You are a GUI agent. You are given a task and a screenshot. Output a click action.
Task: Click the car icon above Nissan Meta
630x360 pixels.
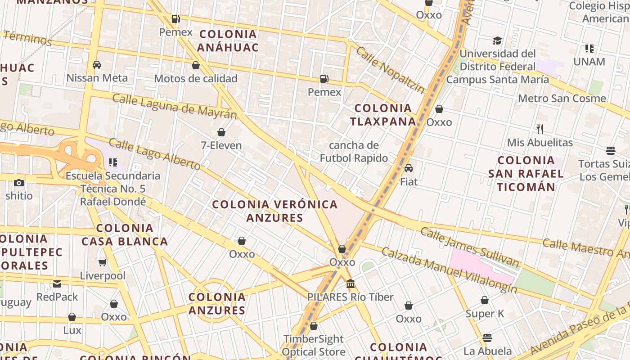coord(97,65)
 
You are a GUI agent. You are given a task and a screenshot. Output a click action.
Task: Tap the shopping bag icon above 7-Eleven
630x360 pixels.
coord(221,132)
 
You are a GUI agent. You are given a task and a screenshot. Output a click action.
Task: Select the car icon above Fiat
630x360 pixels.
coord(409,169)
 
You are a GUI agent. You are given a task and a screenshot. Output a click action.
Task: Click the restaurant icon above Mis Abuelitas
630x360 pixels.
coord(540,129)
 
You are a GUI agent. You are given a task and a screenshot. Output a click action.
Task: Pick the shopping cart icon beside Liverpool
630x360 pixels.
coord(103,262)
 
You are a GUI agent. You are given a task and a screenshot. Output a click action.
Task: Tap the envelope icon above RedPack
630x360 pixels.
coord(57,283)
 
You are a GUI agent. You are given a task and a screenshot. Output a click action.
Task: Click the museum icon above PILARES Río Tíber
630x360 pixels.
coord(351,284)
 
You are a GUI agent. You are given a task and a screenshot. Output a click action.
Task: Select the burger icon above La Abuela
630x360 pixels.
coord(487,337)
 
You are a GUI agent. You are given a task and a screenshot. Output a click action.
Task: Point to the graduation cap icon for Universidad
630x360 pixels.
coord(497,41)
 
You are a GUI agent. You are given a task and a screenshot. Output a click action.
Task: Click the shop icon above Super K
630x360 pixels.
coord(485,300)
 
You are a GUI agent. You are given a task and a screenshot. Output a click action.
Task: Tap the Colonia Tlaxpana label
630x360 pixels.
coord(383,115)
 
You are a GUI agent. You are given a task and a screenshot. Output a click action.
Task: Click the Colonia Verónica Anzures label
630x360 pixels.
coord(274,211)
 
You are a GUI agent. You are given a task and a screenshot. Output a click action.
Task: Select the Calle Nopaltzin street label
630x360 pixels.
coord(390,69)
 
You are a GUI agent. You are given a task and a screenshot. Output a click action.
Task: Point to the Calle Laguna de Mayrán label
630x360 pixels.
coord(174,106)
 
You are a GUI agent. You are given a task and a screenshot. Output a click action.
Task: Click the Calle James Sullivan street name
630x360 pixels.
coord(469,247)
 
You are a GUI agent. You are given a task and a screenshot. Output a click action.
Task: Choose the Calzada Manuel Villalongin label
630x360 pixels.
coord(449,270)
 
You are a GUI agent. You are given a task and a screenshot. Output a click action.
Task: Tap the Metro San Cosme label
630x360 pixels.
coord(562,98)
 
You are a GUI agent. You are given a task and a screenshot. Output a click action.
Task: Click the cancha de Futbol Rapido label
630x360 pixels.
coord(354,152)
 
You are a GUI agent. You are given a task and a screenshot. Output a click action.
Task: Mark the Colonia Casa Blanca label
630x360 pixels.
coord(125,234)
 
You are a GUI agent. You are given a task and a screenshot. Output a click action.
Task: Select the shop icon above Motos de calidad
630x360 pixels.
coord(196,66)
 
